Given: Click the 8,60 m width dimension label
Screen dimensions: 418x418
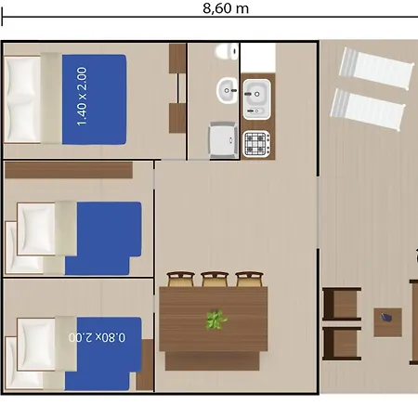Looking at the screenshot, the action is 226,8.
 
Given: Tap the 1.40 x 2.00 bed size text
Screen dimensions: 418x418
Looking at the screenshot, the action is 82,97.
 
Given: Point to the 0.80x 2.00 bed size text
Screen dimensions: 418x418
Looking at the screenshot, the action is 98,337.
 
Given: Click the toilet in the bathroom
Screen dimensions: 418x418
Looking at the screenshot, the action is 227,51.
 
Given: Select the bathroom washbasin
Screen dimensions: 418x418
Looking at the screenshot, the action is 227,90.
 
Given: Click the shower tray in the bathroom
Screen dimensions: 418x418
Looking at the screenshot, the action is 223,139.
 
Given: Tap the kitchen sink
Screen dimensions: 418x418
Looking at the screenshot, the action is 256,99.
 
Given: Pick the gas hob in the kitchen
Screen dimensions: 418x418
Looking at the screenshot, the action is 256,144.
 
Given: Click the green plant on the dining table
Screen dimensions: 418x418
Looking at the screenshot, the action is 216,320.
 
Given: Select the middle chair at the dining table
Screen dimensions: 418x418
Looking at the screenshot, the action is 215,279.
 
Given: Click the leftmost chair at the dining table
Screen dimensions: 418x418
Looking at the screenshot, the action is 181,279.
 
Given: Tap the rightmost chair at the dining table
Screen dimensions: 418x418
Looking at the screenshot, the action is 249,279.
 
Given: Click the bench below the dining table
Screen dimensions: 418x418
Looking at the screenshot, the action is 213,360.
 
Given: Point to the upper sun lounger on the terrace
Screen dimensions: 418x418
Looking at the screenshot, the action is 377,68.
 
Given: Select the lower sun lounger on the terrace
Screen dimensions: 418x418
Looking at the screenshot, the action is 368,110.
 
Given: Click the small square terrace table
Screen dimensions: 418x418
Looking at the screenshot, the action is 387,322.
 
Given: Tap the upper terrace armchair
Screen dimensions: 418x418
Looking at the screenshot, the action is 342,304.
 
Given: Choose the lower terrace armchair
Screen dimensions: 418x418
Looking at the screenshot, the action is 342,344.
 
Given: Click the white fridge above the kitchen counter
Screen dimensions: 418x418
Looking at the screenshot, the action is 258,59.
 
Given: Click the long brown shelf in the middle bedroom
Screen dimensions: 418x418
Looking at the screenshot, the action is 69,170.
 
